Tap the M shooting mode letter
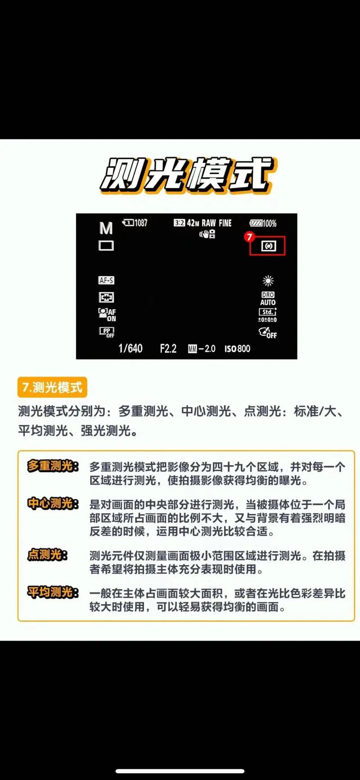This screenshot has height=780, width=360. tap(106, 229)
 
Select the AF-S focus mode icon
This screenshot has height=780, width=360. tap(106, 280)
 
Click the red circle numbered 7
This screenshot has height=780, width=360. tap(249, 237)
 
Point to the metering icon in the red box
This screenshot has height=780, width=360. tap(268, 246)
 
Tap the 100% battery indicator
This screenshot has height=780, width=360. tap(263, 223)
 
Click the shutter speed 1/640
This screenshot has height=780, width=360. tap(130, 349)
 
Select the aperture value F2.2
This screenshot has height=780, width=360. tap(168, 349)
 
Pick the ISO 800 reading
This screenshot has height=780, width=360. tap(237, 349)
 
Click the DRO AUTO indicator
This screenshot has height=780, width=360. tap(268, 299)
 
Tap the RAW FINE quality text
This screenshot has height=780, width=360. tap(216, 223)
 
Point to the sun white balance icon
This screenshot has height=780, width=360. tap(268, 281)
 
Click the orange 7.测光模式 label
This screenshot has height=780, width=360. tap(52, 387)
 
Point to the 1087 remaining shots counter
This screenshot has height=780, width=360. tap(135, 223)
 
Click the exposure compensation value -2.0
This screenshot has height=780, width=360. tap(202, 349)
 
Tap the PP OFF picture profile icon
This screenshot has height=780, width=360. tap(107, 332)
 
